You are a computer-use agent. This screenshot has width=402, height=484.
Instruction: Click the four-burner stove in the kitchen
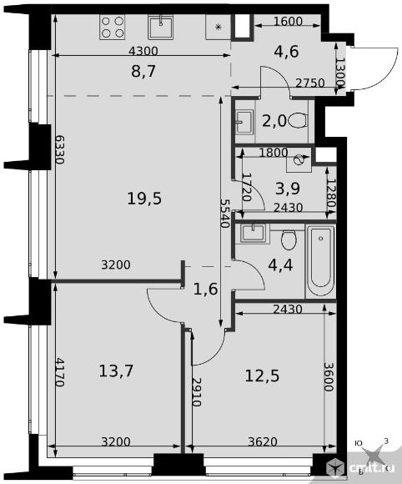113,28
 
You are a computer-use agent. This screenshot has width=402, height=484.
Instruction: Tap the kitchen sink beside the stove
160,28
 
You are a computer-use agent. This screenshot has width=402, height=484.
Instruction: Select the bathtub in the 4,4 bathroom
321,261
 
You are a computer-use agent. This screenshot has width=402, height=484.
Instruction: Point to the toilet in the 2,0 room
299,120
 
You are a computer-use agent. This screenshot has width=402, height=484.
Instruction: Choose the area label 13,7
116,371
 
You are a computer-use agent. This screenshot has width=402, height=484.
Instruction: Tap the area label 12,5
262,376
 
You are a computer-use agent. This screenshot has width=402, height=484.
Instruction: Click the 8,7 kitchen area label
143,71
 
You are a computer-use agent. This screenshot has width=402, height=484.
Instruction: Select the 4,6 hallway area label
287,51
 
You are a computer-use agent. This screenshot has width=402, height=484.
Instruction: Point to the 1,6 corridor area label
206,290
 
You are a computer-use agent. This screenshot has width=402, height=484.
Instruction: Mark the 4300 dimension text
143,51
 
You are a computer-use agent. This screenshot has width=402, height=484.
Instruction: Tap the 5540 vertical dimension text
225,213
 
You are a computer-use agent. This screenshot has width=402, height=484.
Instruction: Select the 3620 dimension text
263,441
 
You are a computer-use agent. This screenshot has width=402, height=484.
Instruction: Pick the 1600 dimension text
288,22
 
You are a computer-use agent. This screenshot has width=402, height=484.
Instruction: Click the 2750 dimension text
309,83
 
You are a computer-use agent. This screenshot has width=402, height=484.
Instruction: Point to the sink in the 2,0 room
244,122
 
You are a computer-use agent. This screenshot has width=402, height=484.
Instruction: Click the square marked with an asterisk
219,28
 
